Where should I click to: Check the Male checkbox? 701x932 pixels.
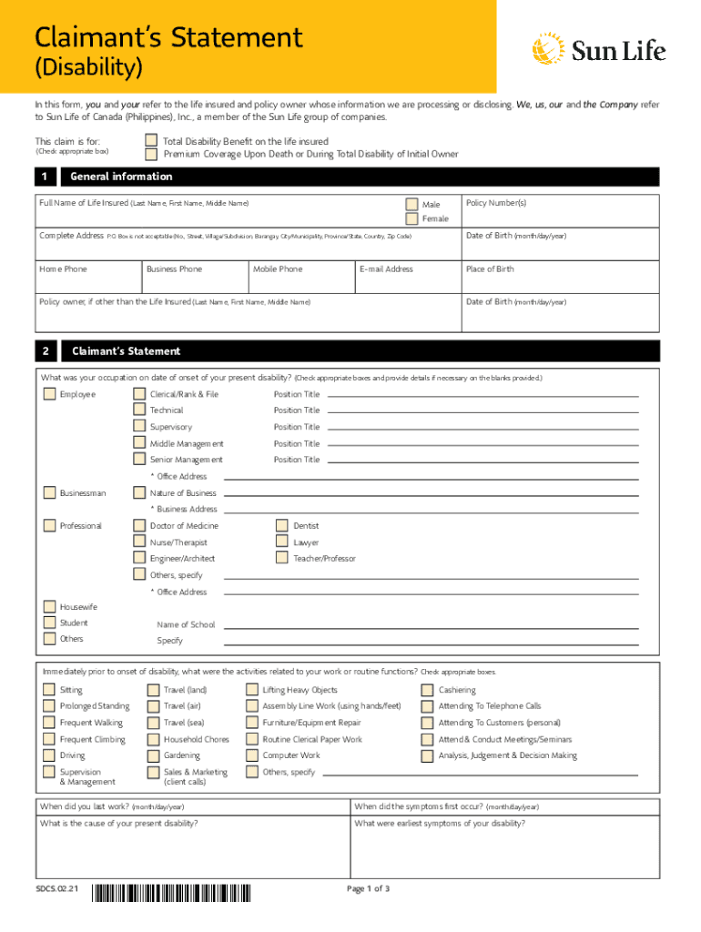[x=412, y=204]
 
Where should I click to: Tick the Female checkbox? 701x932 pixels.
[x=412, y=218]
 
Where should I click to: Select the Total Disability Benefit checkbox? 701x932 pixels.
[x=152, y=141]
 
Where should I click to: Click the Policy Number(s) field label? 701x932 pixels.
[x=496, y=202]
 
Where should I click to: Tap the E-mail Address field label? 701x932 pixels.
[x=387, y=269]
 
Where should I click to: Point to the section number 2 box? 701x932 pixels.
[x=46, y=351]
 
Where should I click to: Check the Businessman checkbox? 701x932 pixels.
[x=49, y=493]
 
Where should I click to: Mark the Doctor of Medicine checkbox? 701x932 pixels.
[x=139, y=526]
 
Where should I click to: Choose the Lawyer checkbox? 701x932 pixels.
[x=282, y=542]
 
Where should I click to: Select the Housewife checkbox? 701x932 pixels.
[x=49, y=606]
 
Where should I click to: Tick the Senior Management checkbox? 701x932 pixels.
[x=139, y=460]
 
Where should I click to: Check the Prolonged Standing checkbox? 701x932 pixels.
[x=49, y=706]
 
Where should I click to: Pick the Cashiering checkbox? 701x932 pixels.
[x=427, y=690]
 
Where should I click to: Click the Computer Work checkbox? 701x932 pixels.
[x=252, y=755]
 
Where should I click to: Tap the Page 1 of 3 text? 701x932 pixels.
[x=369, y=889]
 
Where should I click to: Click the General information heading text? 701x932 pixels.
[x=121, y=177]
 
